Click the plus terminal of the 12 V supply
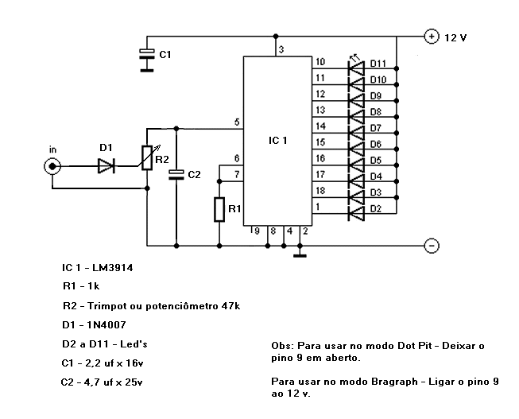[x=432, y=36]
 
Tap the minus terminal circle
[x=432, y=246]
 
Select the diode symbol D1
[x=107, y=165]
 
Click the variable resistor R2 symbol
[x=147, y=158]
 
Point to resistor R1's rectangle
[x=219, y=209]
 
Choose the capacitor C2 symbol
[x=176, y=175]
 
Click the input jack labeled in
[x=52, y=166]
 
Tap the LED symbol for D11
[x=356, y=68]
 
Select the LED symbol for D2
[x=356, y=213]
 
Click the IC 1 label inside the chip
[x=277, y=141]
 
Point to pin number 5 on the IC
[x=237, y=122]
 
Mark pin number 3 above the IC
[x=281, y=49]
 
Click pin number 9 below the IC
[x=258, y=231]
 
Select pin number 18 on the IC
[x=320, y=191]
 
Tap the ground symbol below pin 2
[x=300, y=255]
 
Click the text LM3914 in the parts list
[x=113, y=267]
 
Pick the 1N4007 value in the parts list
[x=107, y=324]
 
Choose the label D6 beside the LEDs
[x=376, y=144]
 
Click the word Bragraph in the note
[x=394, y=382]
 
